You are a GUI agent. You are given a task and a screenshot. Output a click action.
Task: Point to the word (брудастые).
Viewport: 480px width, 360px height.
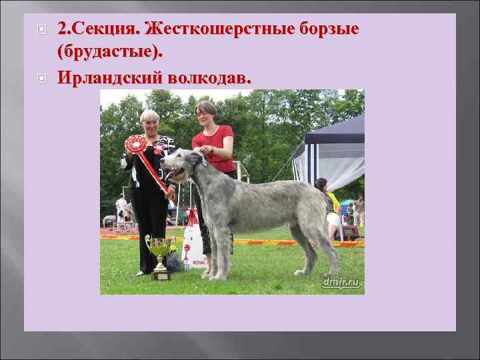click(x=109, y=51)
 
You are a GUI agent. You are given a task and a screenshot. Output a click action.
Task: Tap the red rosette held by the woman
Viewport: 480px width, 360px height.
click(x=136, y=143)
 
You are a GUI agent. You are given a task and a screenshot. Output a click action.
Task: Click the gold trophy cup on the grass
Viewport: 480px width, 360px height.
click(x=160, y=253)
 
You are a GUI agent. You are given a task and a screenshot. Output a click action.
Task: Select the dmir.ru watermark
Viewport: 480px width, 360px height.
click(x=341, y=283)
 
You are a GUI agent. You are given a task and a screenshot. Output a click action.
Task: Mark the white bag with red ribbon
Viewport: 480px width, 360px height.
click(x=193, y=243)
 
